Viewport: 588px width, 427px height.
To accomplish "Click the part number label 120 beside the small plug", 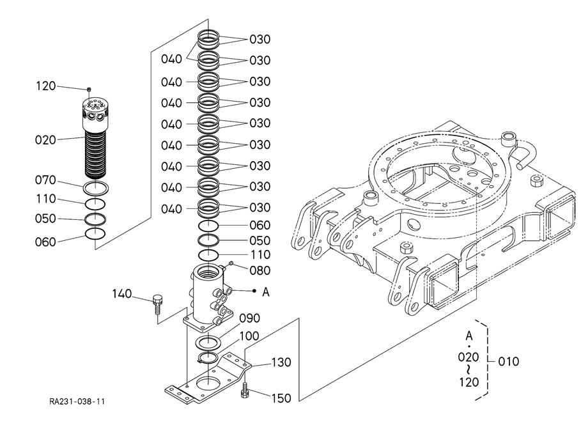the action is [46, 86].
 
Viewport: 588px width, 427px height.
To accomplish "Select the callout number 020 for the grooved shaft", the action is [45, 140].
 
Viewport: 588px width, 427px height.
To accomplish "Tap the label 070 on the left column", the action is [45, 180].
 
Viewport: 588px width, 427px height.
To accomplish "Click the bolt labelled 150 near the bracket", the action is [245, 391].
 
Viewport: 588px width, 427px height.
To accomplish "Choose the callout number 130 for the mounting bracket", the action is [281, 362].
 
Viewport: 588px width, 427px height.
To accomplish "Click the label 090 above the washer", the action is [250, 318].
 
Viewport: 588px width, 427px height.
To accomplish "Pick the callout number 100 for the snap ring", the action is [249, 336].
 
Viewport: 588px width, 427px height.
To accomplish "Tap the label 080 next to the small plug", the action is [260, 270].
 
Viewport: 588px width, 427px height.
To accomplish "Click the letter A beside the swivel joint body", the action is [266, 292].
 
